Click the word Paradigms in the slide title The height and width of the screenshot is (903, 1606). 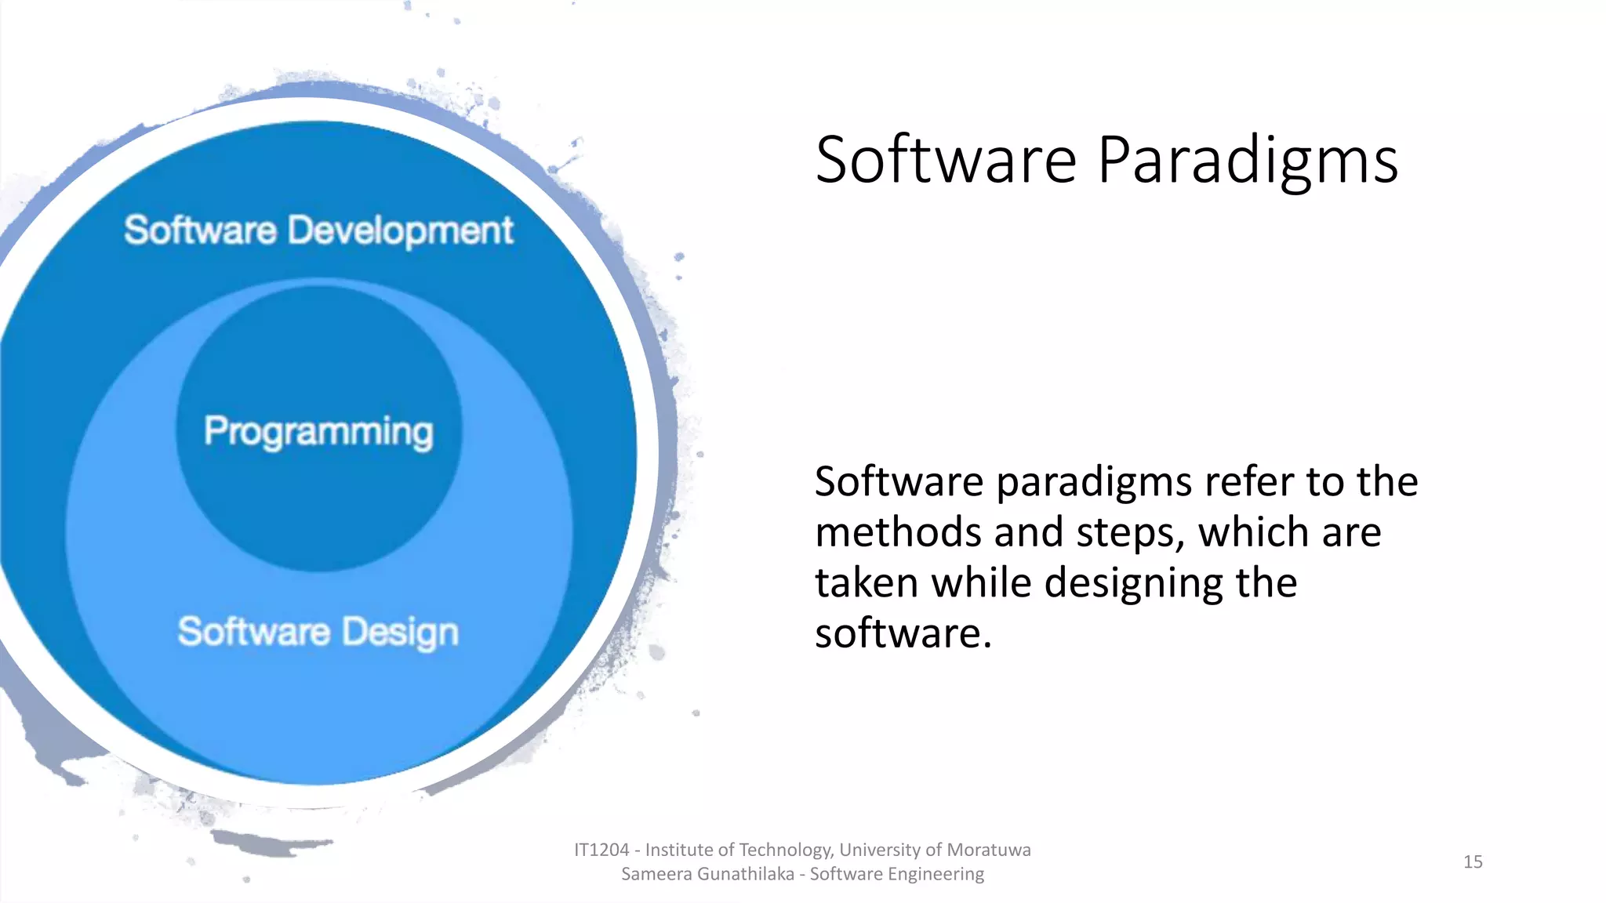(x=1247, y=161)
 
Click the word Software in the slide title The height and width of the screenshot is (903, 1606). (x=946, y=161)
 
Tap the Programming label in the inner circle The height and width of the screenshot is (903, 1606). (x=318, y=431)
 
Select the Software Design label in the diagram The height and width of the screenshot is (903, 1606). (x=318, y=632)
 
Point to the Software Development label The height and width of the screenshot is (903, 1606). (x=318, y=230)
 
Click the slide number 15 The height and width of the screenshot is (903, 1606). (x=1473, y=861)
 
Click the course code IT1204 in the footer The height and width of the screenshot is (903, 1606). (x=601, y=850)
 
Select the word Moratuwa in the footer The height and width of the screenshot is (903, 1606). (x=989, y=850)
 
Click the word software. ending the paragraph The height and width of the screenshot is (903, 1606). (x=903, y=634)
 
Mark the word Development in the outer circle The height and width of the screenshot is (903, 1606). (x=400, y=230)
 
